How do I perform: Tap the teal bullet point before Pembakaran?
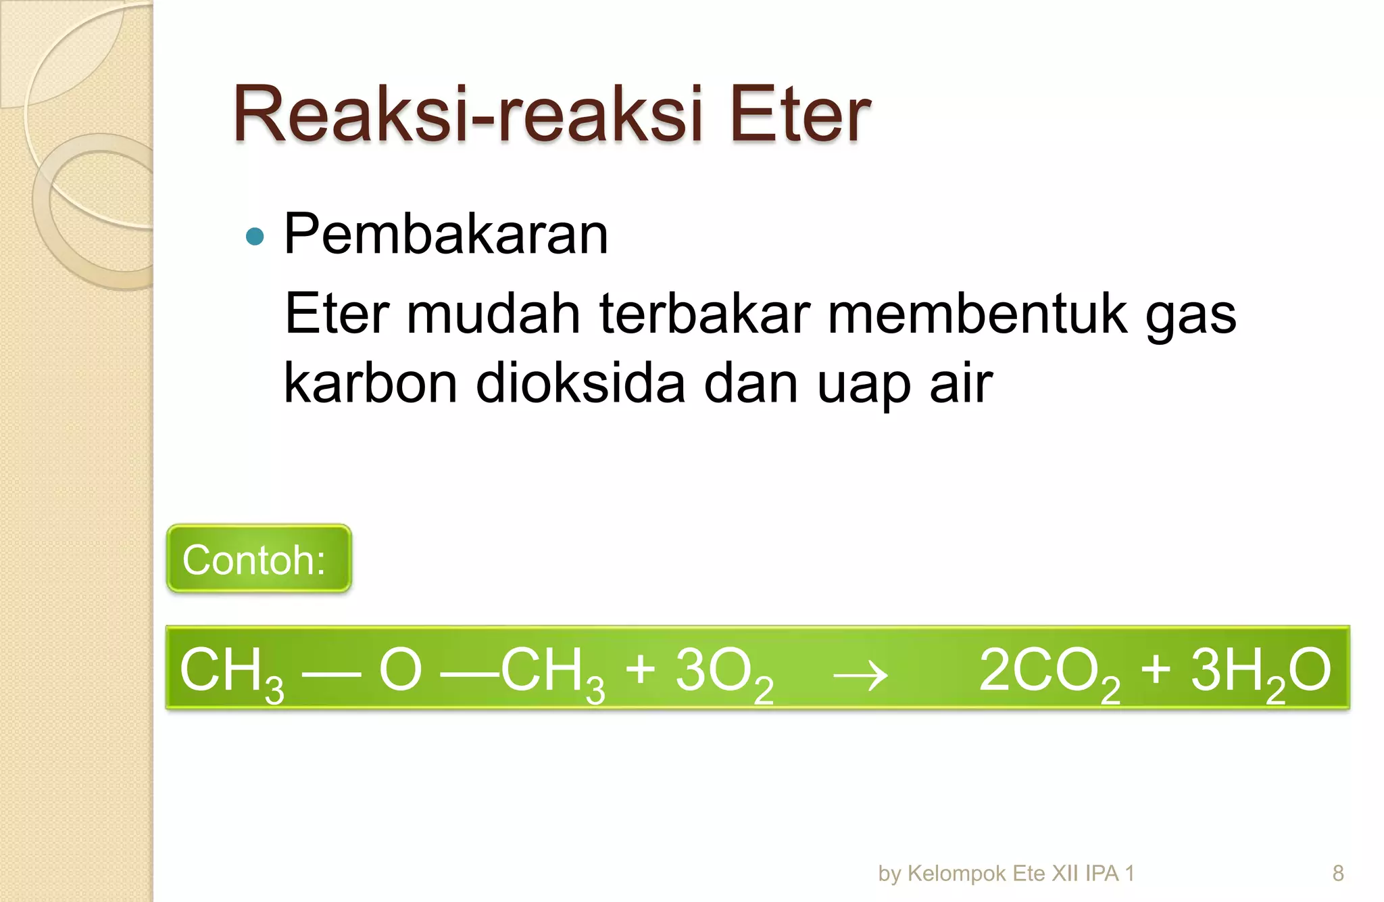pyautogui.click(x=255, y=236)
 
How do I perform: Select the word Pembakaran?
pyautogui.click(x=446, y=234)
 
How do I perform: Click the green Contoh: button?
pyautogui.click(x=259, y=559)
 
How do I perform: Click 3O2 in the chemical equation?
pyautogui.click(x=724, y=671)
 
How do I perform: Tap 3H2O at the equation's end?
pyautogui.click(x=1260, y=671)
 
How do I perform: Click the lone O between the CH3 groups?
pyautogui.click(x=400, y=670)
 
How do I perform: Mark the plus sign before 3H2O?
pyautogui.click(x=1156, y=669)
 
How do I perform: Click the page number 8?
pyautogui.click(x=1337, y=873)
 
